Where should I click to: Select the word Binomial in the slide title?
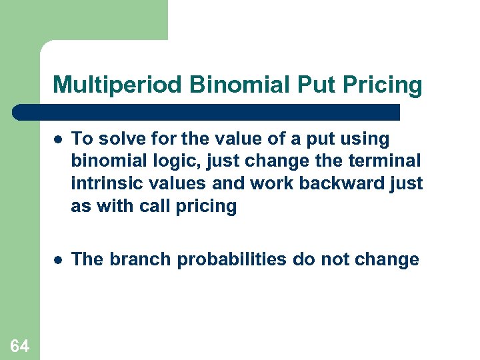[223, 85]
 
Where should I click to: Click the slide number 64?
[20, 345]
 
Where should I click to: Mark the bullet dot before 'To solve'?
[59, 140]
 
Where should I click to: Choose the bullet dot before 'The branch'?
[59, 260]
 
